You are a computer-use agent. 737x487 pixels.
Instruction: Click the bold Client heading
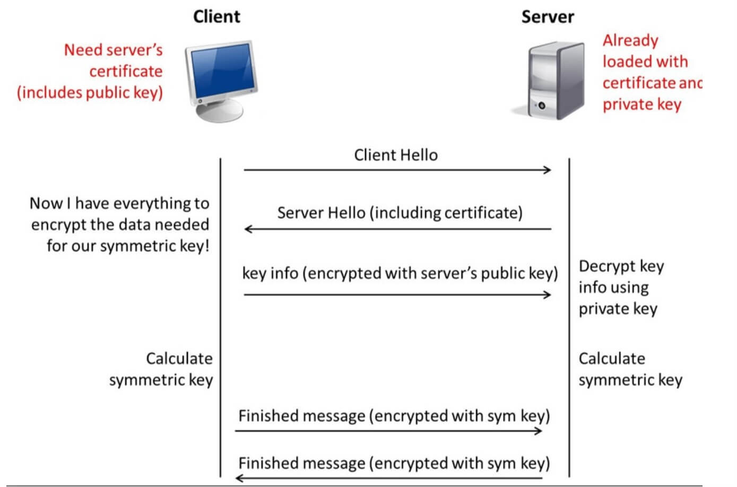[216, 16]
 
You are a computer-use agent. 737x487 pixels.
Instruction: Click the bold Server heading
[548, 17]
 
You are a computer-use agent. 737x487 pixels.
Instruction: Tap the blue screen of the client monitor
[223, 72]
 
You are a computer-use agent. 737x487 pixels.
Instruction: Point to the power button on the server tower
[542, 106]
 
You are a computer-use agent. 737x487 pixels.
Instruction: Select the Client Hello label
[396, 155]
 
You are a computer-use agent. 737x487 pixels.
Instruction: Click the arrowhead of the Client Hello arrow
[548, 170]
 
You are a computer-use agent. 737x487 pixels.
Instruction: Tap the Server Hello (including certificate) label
[400, 213]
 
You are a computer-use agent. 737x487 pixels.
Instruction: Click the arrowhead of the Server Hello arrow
[248, 229]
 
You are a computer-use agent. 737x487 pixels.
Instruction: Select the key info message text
[400, 273]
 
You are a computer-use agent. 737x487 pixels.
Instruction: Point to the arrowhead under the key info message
[548, 294]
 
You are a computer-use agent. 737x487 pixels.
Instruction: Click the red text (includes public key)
[90, 92]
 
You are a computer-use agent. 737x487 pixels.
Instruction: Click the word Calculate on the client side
[179, 359]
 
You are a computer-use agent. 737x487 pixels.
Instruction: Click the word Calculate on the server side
[612, 359]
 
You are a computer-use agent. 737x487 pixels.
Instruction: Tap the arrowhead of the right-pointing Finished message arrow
[538, 431]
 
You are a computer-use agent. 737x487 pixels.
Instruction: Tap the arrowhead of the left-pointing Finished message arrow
[240, 478]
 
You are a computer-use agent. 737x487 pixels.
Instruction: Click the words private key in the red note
[642, 105]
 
